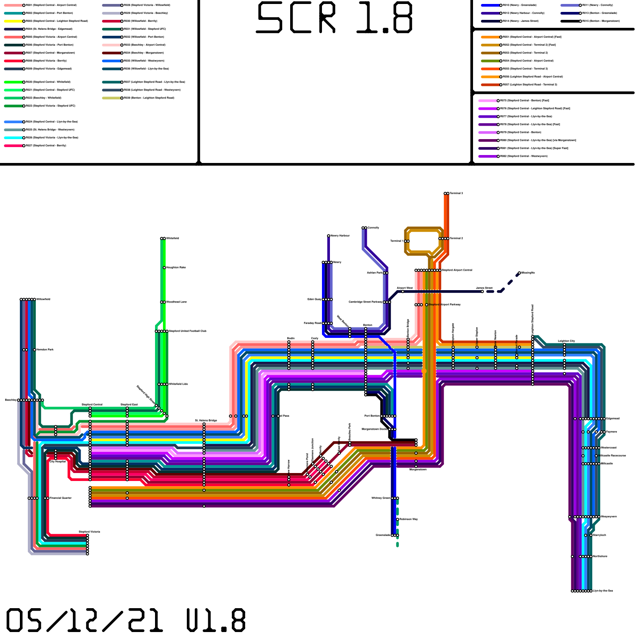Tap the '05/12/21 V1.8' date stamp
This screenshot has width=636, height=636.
(126, 620)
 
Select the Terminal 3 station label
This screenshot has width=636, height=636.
(456, 194)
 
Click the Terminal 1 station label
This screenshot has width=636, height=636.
(396, 241)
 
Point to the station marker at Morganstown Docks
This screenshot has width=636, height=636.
(393, 429)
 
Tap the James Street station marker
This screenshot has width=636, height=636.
(482, 291)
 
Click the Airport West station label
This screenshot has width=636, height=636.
(405, 288)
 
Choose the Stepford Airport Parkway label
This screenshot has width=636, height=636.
(444, 305)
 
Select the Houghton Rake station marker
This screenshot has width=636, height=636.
(164, 268)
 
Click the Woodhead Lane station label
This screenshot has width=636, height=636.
(176, 302)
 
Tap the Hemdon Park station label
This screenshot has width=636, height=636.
(45, 350)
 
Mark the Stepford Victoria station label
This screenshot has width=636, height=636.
(89, 531)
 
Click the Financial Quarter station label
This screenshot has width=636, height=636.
(60, 498)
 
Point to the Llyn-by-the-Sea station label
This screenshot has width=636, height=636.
(603, 591)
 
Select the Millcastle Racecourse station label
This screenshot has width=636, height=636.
(613, 456)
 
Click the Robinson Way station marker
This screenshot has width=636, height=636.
(397, 519)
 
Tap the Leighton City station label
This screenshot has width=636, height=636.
(566, 341)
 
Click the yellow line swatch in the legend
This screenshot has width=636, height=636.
(14, 21)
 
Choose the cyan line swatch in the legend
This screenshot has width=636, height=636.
(14, 138)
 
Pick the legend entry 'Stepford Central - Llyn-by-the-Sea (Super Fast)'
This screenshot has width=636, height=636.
(535, 148)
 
